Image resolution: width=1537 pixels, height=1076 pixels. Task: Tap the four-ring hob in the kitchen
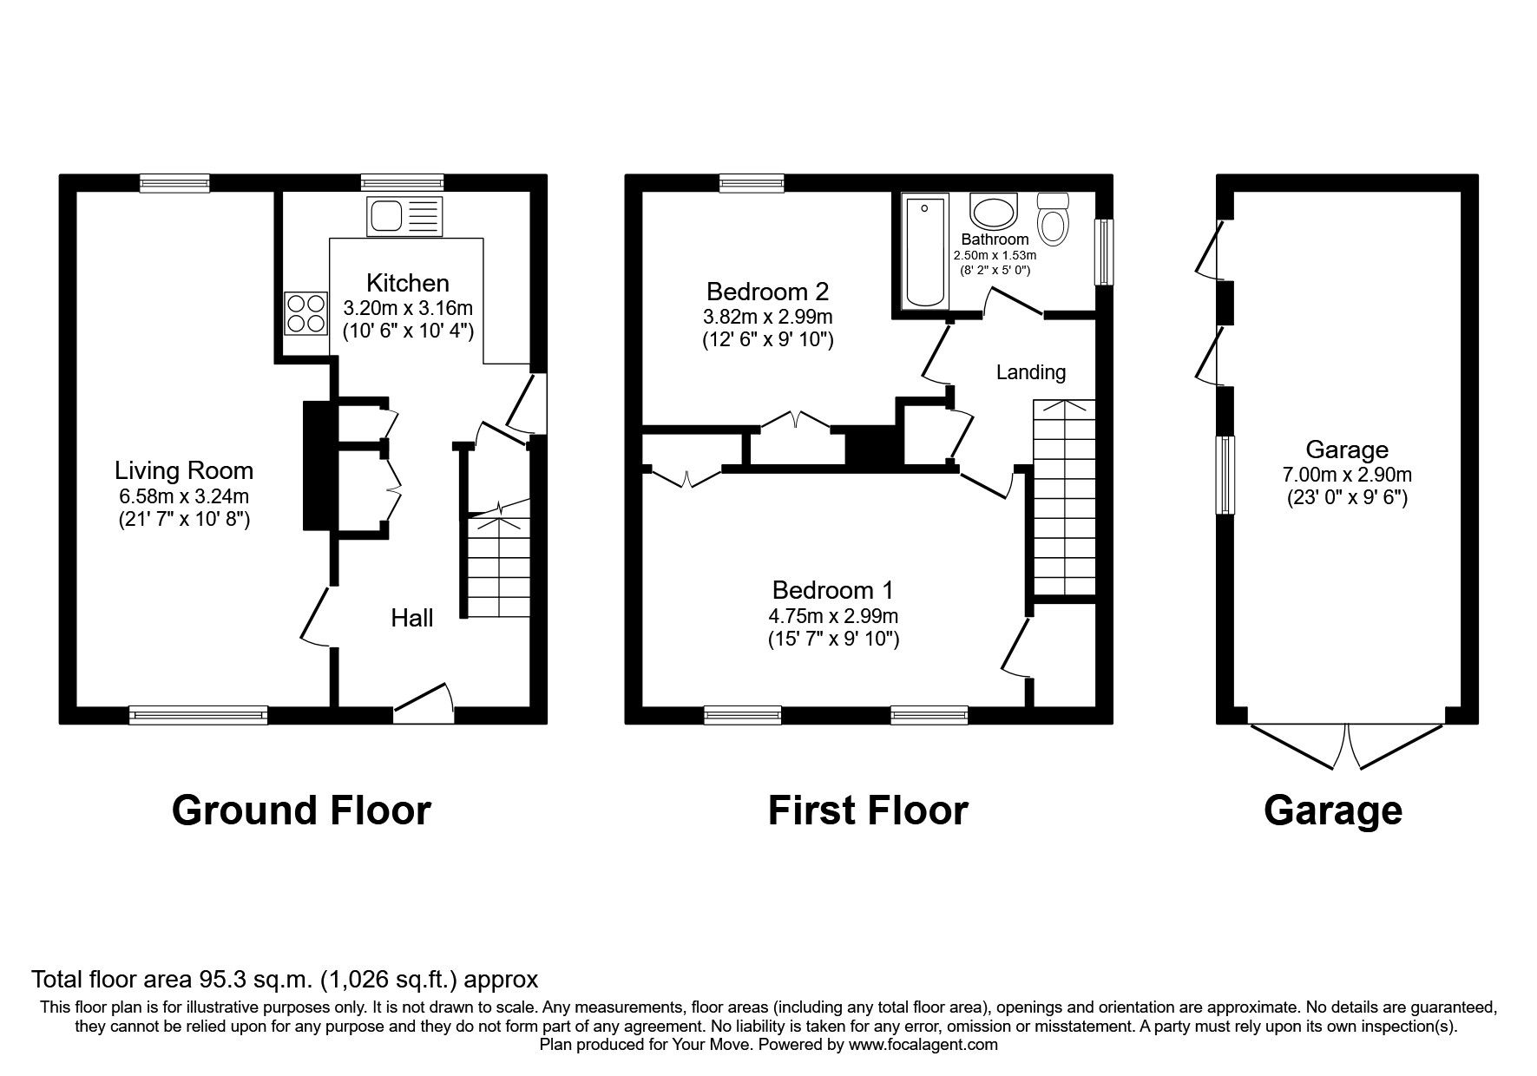(306, 313)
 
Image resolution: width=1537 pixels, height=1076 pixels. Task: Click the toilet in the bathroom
(1054, 218)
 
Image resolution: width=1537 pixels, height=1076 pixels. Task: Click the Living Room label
(184, 471)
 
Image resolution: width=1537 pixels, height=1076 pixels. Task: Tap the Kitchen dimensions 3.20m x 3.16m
(408, 308)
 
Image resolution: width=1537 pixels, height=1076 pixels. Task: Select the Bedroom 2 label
(767, 291)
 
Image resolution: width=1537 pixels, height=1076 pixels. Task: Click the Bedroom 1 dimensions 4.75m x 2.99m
(832, 617)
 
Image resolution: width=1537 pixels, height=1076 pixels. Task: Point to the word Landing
(1030, 372)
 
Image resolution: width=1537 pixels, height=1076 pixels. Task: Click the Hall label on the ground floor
(411, 618)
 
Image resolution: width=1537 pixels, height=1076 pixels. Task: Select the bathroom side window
(1103, 252)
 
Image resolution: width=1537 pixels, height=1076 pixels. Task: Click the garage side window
(1225, 475)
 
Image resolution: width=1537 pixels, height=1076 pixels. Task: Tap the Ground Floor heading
(301, 810)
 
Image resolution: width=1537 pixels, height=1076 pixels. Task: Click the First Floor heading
(868, 810)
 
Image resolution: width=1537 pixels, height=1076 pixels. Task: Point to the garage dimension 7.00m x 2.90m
(1347, 475)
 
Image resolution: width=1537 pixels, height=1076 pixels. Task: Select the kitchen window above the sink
(403, 182)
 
